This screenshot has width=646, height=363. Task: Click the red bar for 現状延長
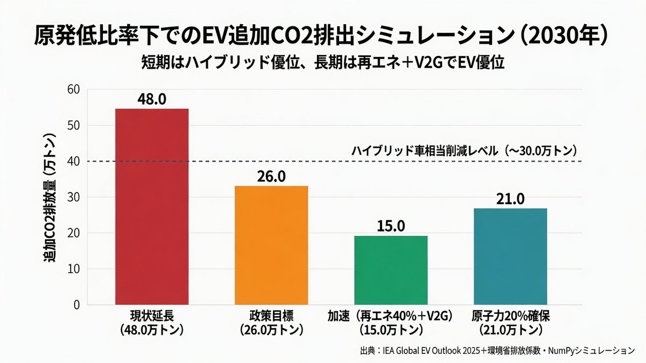(152, 207)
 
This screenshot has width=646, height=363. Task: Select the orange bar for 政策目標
(272, 245)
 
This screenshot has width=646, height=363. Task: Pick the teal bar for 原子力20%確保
(511, 256)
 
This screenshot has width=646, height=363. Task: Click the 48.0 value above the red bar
(152, 99)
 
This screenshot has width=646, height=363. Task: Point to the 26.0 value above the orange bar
(272, 176)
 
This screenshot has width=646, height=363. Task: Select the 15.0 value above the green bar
(391, 226)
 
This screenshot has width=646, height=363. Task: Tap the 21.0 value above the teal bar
(511, 198)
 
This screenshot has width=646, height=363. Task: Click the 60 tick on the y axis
(73, 90)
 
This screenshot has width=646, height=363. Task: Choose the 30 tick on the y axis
(73, 197)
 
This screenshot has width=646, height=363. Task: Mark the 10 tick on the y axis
(73, 269)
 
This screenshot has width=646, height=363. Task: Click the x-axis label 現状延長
(152, 315)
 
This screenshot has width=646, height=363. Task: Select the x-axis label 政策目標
(272, 315)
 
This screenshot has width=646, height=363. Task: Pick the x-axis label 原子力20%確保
(511, 315)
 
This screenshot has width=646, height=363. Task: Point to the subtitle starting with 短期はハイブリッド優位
(322, 63)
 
